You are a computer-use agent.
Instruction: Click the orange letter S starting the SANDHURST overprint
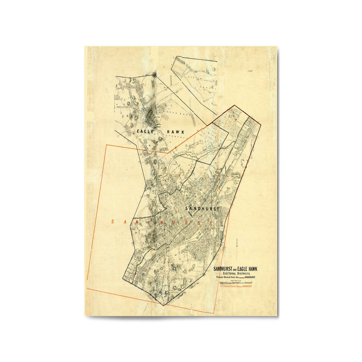click(113, 222)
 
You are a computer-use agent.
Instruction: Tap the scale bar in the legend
click(235, 283)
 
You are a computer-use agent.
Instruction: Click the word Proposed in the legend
click(221, 277)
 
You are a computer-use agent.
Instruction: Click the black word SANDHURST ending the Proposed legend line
click(250, 277)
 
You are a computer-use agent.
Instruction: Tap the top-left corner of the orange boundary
click(106, 145)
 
